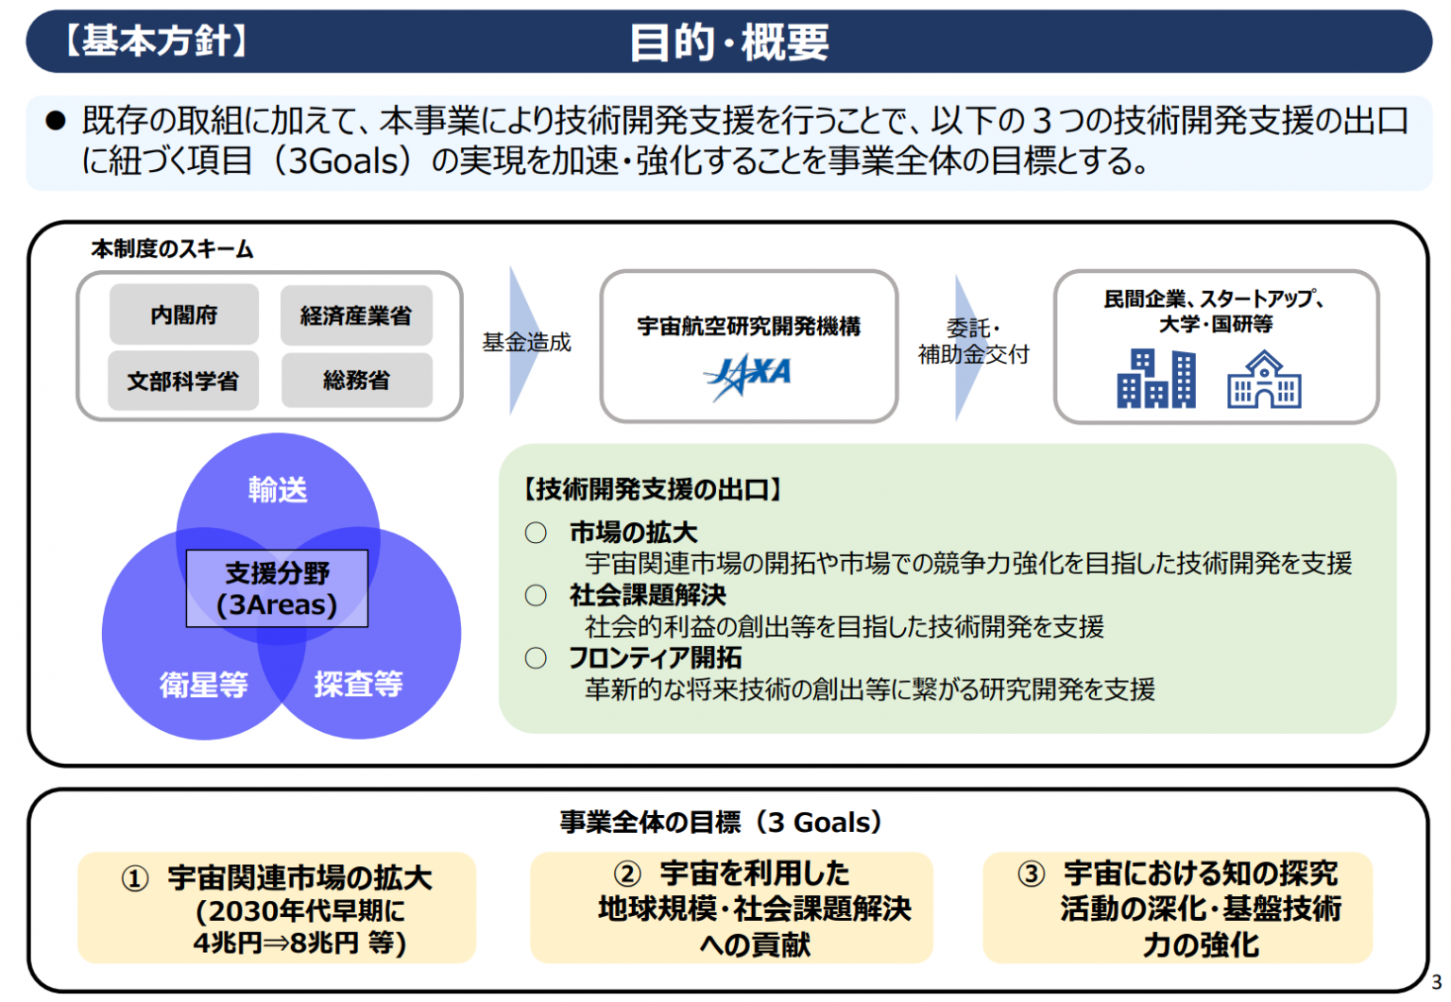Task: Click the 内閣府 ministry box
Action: point(184,314)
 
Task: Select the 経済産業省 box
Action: point(356,315)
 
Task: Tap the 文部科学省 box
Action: point(183,381)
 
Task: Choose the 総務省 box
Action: point(357,381)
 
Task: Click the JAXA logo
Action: point(747,376)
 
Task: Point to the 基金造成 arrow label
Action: point(526,342)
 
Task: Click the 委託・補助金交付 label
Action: point(973,341)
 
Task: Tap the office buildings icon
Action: point(1156,379)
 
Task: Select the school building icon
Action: point(1264,380)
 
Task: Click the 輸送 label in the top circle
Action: point(278,489)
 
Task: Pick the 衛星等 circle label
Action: point(204,685)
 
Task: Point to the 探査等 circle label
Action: point(358,684)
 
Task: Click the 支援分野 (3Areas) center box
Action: point(277,588)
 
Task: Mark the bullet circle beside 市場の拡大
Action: point(536,533)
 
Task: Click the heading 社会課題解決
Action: point(648,595)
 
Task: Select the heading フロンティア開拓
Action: point(655,658)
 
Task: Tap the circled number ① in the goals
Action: point(135,879)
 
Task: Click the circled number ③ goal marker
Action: point(1031,874)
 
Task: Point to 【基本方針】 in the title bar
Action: point(156,41)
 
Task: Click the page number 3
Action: point(1436,982)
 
